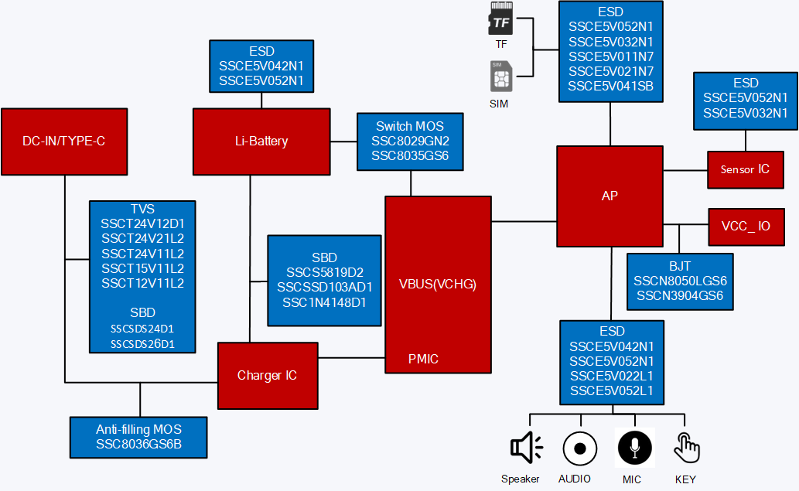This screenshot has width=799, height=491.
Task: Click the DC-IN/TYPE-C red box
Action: (63, 142)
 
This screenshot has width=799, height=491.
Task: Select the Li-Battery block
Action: (261, 142)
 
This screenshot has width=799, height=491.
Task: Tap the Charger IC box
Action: (267, 376)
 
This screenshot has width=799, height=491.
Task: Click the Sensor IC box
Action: (745, 169)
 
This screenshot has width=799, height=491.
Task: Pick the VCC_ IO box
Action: (745, 227)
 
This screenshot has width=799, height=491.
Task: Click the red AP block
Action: (609, 196)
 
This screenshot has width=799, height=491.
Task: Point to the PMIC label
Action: (423, 359)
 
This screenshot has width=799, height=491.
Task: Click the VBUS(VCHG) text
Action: (438, 284)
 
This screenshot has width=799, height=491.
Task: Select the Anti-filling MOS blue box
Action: (139, 437)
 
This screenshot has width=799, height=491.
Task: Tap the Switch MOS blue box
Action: (410, 142)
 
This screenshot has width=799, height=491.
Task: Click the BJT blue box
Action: (680, 281)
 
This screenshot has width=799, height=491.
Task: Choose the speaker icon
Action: (526, 448)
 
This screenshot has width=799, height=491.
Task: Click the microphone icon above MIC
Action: (634, 448)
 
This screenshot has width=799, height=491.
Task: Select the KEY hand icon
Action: (685, 448)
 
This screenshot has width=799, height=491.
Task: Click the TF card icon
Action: (501, 19)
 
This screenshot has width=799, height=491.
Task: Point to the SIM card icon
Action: (501, 77)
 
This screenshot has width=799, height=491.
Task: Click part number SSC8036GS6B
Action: (139, 445)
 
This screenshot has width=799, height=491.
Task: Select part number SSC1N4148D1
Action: (325, 302)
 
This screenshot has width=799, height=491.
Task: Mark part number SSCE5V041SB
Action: (611, 86)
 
